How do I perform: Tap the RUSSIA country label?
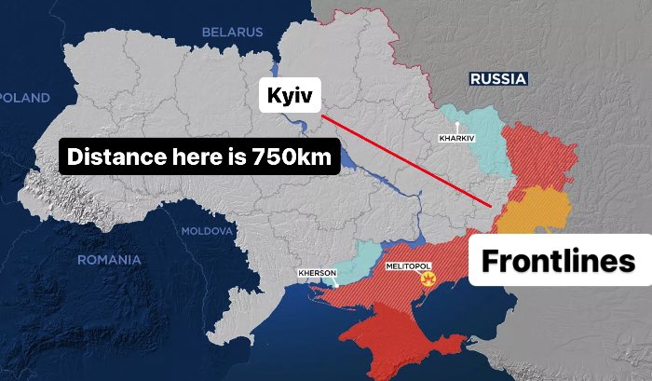498,79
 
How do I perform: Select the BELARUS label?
233,33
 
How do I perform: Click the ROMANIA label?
109,260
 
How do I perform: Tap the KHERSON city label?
317,273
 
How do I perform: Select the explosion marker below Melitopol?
428,279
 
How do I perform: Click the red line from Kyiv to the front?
405,158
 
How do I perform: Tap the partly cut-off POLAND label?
24,98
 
